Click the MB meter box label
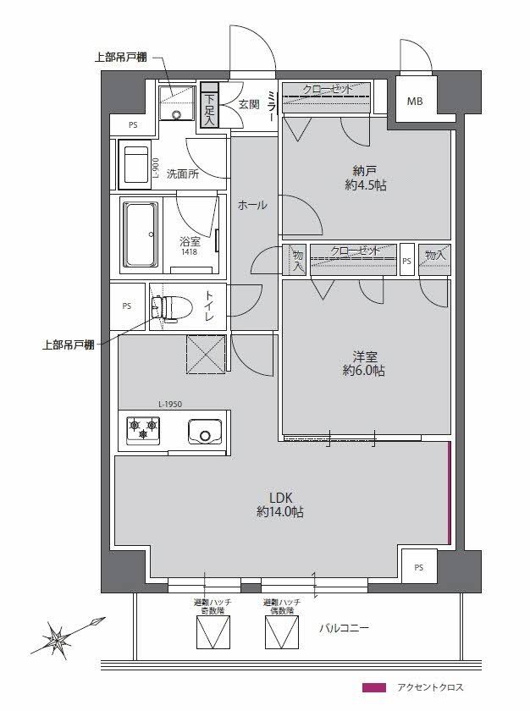[x=415, y=102]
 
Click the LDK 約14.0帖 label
[x=280, y=504]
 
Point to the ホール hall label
[x=252, y=205]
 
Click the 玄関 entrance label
[x=248, y=104]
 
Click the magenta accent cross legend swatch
[x=373, y=687]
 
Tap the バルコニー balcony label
[x=344, y=628]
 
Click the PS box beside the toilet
[x=127, y=306]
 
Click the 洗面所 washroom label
[x=182, y=175]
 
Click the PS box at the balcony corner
[x=419, y=567]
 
